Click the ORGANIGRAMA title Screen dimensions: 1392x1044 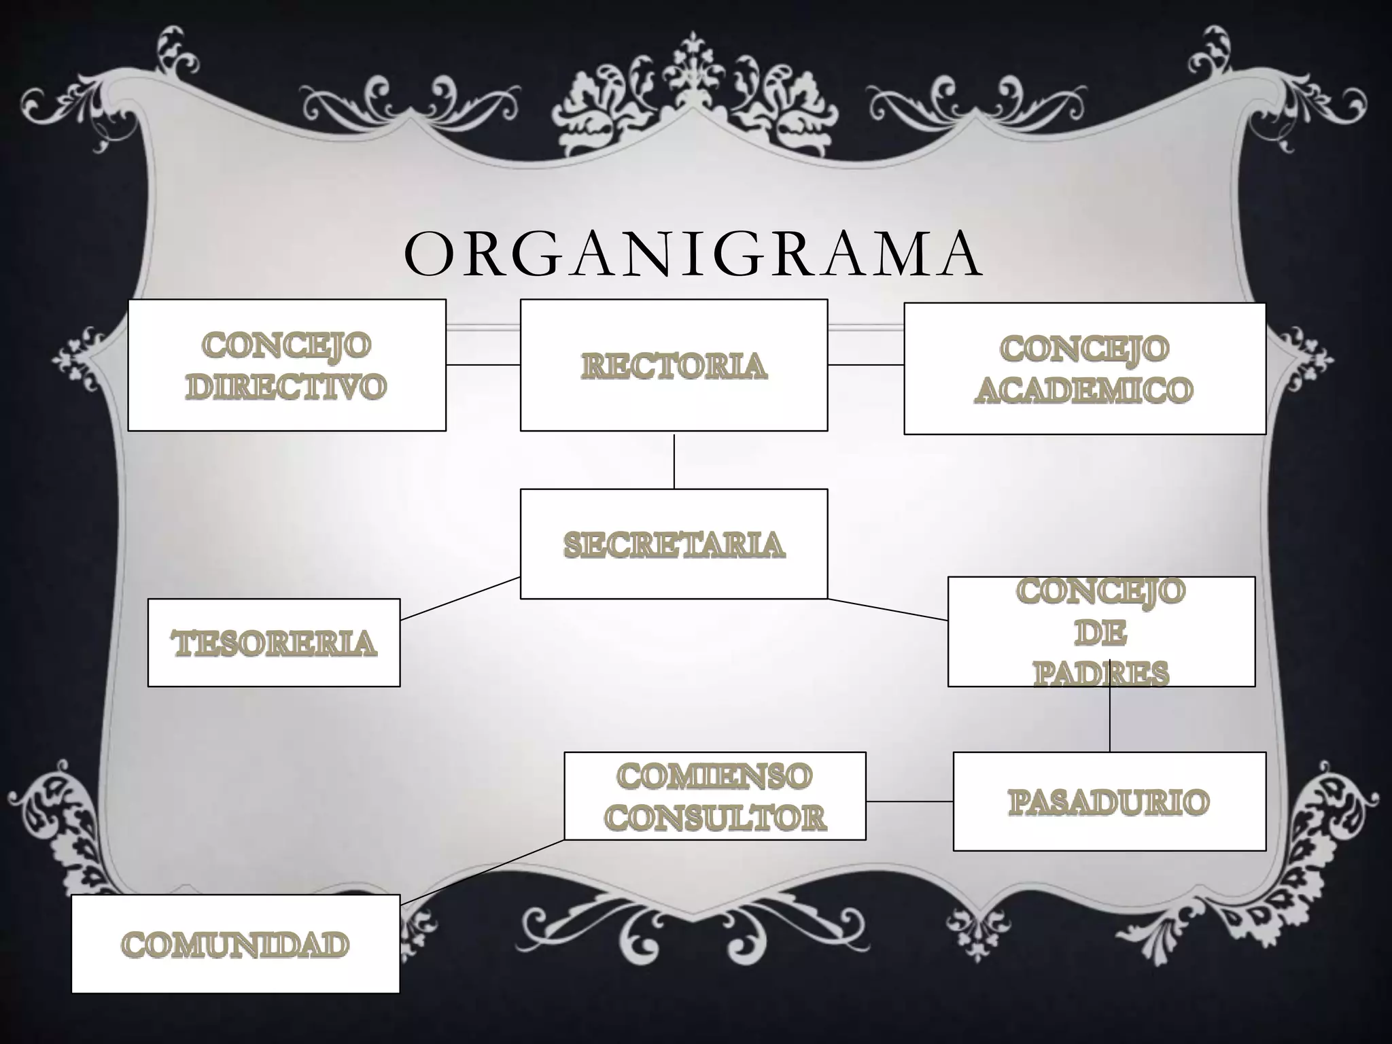693,254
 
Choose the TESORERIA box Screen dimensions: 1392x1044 274,643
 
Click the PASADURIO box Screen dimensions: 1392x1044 1109,801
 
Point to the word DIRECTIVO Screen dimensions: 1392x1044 286,387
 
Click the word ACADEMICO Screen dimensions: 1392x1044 1084,390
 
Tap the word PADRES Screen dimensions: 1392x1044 1101,674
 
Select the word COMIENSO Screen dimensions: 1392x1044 714,776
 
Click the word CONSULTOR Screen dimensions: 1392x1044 715,817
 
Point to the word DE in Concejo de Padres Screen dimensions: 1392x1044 1101,633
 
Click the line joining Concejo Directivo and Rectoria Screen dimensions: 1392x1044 483,365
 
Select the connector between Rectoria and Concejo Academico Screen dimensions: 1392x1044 865,365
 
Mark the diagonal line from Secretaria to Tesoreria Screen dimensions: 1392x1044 460,599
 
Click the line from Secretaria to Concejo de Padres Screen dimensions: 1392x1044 888,610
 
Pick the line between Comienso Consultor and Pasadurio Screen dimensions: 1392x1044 909,801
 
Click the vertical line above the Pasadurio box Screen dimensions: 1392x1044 1110,720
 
